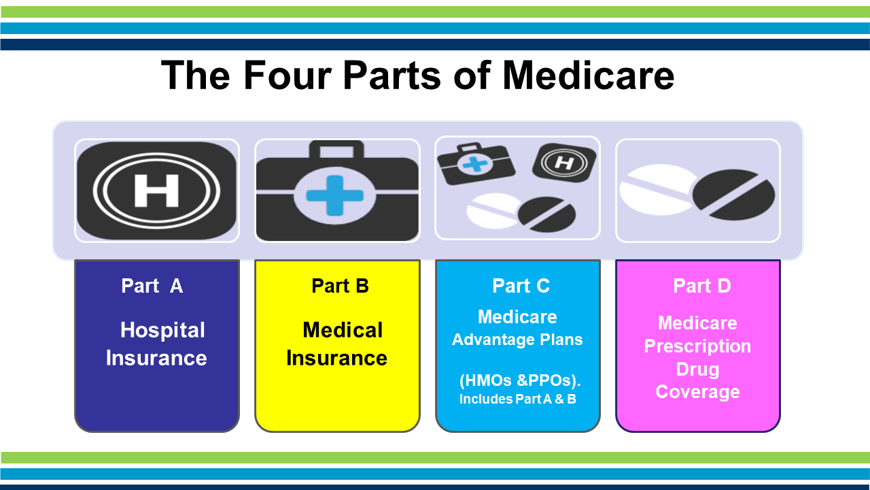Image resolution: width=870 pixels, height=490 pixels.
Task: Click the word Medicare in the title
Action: point(588,75)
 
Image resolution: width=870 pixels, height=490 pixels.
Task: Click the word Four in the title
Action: point(288,75)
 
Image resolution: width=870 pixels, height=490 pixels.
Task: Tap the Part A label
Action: point(152,286)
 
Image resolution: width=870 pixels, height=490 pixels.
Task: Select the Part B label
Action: point(340,286)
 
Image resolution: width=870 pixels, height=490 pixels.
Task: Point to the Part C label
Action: point(521,286)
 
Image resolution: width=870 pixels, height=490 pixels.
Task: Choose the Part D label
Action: point(702,286)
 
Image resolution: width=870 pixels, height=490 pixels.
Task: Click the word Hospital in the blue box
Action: point(162,331)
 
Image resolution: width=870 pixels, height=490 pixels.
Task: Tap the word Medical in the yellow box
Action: point(343,330)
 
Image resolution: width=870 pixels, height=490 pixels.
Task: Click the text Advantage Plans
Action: point(517,340)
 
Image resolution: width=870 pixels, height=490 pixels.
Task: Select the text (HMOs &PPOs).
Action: point(520,380)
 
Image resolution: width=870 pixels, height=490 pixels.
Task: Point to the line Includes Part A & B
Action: point(518,399)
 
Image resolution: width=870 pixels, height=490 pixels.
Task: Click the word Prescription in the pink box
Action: point(697,346)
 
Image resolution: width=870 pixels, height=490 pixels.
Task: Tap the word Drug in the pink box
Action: point(697,370)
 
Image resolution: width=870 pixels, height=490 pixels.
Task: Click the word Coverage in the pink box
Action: point(697,392)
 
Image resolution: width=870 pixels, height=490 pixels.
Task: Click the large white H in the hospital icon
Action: point(156,191)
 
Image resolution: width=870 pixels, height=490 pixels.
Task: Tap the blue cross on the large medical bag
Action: point(335,195)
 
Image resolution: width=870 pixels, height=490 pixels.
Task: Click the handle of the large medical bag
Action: point(336,149)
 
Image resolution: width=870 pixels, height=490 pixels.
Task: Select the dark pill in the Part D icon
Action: point(733,195)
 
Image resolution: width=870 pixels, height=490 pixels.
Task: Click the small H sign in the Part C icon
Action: point(564,163)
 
